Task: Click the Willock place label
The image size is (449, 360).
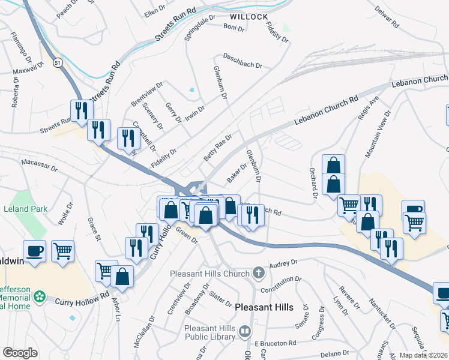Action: tap(248, 16)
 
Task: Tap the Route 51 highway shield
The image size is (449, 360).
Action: tap(56, 62)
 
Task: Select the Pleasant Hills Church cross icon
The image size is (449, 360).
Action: tap(259, 274)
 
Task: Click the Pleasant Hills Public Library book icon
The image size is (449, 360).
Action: tap(245, 331)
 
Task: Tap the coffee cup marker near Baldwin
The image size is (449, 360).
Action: tap(35, 251)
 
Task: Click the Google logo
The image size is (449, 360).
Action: tap(20, 353)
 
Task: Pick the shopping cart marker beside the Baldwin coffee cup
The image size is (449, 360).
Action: tap(62, 251)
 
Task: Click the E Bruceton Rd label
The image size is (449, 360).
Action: tap(276, 343)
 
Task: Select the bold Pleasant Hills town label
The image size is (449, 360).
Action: tap(264, 307)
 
